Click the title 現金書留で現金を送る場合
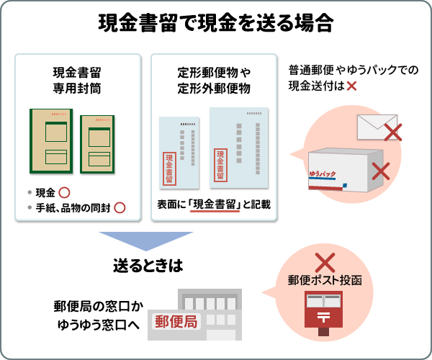(x=216, y=24)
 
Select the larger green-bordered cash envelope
(x=51, y=141)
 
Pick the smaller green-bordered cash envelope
(x=96, y=144)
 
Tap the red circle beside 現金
(x=63, y=192)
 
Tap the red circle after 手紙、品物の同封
(x=120, y=208)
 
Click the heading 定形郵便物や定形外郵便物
(x=214, y=80)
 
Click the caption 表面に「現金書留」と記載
(x=214, y=206)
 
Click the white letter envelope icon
(x=375, y=126)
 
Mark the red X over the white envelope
(x=392, y=131)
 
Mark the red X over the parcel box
(x=380, y=171)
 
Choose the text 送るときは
(x=146, y=265)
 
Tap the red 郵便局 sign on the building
(x=175, y=322)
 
